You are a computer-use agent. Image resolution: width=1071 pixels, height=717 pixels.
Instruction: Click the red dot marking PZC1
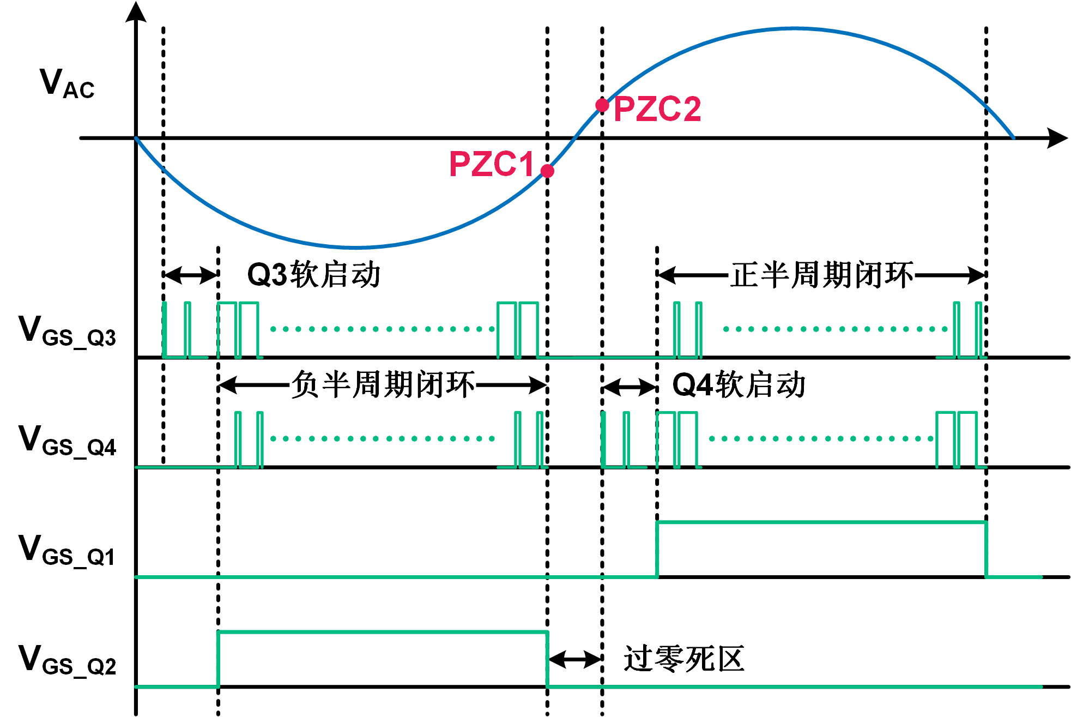tap(547, 171)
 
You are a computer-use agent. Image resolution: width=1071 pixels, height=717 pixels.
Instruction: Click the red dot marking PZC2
tap(602, 105)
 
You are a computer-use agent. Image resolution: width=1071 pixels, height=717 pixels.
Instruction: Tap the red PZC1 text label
tap(491, 164)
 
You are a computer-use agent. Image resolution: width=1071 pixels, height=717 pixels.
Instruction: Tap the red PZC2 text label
tap(657, 109)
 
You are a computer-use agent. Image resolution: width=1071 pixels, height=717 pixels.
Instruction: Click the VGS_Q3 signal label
tap(67, 331)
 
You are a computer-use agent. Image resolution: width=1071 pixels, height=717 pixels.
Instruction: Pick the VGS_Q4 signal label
tap(67, 441)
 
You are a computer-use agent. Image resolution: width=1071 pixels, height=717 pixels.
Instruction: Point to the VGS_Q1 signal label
tap(67, 550)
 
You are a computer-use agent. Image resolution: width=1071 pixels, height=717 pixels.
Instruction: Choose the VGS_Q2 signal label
tap(67, 660)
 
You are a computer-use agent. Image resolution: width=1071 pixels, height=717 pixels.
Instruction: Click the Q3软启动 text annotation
tap(314, 274)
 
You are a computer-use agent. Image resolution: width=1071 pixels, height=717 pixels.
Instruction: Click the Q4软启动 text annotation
tap(739, 385)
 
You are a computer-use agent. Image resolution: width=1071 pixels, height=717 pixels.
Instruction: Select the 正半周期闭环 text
tap(822, 275)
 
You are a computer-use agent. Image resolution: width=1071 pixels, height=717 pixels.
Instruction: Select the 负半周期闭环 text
tap(383, 385)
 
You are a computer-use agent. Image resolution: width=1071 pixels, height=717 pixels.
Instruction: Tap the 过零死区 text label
tap(683, 659)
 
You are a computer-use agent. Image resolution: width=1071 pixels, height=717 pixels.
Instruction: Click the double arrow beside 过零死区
tap(574, 659)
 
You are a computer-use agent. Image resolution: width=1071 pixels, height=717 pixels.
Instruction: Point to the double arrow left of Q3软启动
tap(191, 275)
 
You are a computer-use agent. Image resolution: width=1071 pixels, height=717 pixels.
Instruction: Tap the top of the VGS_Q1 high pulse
tap(821, 522)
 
